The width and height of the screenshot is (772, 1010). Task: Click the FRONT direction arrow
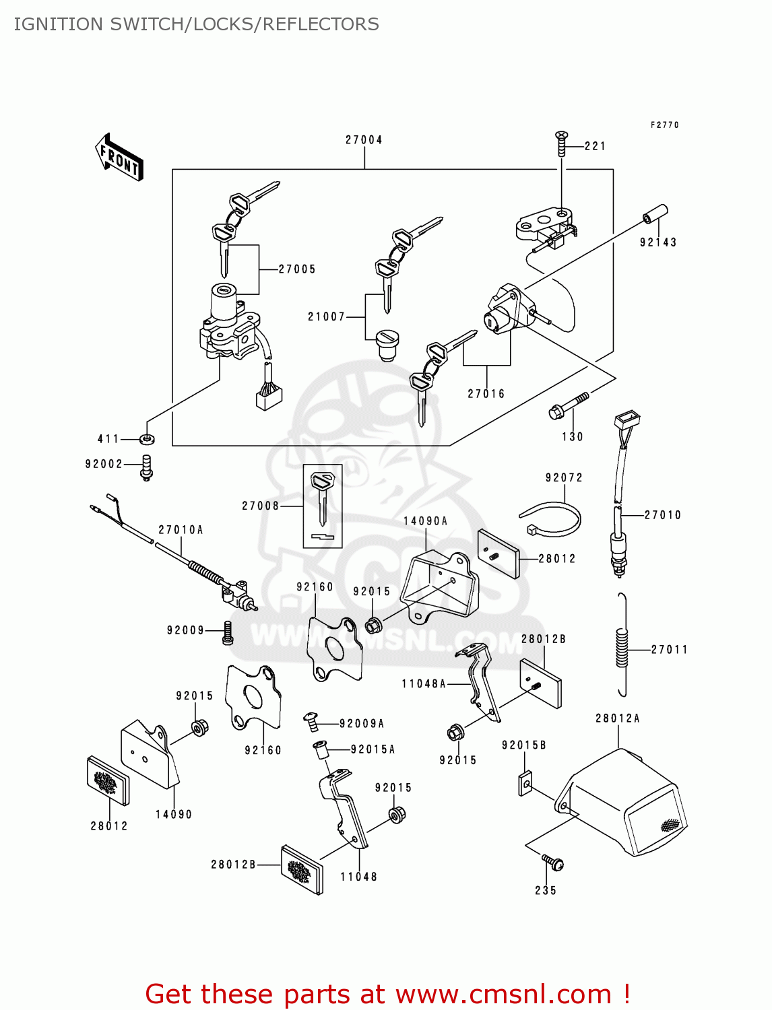[x=119, y=157]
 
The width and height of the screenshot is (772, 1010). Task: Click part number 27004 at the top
[x=364, y=140]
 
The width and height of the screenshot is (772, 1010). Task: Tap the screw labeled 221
[x=560, y=143]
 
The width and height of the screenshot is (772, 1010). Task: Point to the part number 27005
[x=297, y=269]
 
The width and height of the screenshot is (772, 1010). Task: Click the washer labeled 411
[x=148, y=439]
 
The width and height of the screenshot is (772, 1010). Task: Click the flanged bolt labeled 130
[x=567, y=405]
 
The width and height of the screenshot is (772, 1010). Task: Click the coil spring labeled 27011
[x=622, y=646]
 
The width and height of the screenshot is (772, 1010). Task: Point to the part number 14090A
[x=425, y=521]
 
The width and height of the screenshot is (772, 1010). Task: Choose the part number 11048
[x=358, y=877]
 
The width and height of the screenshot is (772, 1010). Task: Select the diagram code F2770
[x=664, y=125]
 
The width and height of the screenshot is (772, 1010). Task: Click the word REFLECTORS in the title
[x=321, y=24]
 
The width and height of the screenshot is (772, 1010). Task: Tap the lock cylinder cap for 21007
[x=387, y=344]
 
